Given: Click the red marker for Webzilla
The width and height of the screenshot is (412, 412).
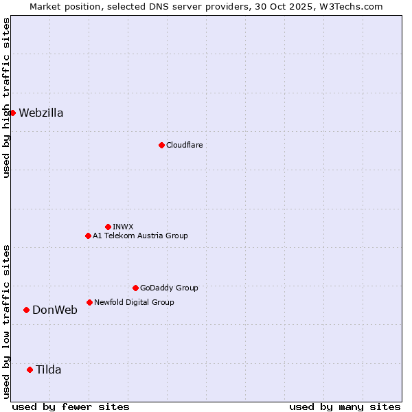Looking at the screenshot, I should [12, 113].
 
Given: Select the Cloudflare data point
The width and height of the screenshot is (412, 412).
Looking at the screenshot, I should [161, 145].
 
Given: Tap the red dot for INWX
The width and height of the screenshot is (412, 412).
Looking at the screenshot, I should [108, 227].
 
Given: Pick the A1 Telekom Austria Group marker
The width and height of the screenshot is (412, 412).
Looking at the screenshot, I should [88, 236].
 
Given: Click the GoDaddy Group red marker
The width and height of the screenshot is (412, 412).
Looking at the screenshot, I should [135, 288].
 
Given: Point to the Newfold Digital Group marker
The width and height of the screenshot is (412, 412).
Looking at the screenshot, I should [89, 302].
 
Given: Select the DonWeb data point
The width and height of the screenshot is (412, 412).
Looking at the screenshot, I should [26, 310].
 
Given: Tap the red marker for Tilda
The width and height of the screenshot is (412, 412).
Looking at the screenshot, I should [30, 369].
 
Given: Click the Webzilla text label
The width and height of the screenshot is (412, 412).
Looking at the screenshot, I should [41, 113].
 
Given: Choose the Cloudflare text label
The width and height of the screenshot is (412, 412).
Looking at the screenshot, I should [184, 145].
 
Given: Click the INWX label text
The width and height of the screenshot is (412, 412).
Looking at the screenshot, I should [123, 227].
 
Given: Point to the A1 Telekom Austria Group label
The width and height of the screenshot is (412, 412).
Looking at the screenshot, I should [140, 236].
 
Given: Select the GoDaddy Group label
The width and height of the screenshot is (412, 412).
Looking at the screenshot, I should [169, 288].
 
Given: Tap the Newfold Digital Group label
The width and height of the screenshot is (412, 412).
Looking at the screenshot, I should [134, 302].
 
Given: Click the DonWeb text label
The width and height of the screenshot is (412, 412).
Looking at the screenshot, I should [55, 310].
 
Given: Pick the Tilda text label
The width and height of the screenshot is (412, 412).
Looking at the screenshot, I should [49, 370].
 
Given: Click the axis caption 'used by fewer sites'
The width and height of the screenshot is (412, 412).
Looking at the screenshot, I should [71, 407].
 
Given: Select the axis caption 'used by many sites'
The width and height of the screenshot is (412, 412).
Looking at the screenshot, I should [345, 407].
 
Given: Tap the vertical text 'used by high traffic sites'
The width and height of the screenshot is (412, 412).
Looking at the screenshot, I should [6, 98].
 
